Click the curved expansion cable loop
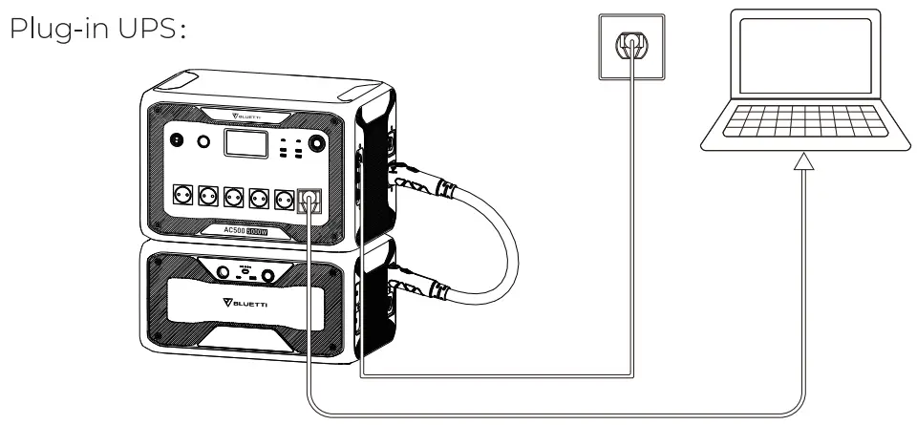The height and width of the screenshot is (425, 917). (x=497, y=239)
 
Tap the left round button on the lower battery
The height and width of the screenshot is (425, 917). (x=224, y=274)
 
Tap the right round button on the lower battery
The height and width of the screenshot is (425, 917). (x=268, y=275)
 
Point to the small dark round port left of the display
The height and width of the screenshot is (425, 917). (x=176, y=140)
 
